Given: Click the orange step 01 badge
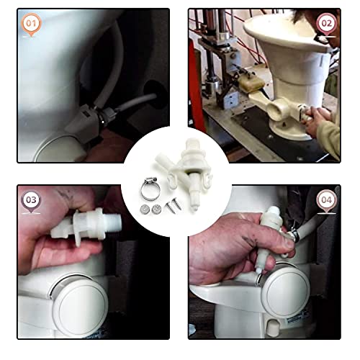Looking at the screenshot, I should pyautogui.click(x=31, y=23).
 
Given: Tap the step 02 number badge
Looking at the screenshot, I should pyautogui.click(x=327, y=23).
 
